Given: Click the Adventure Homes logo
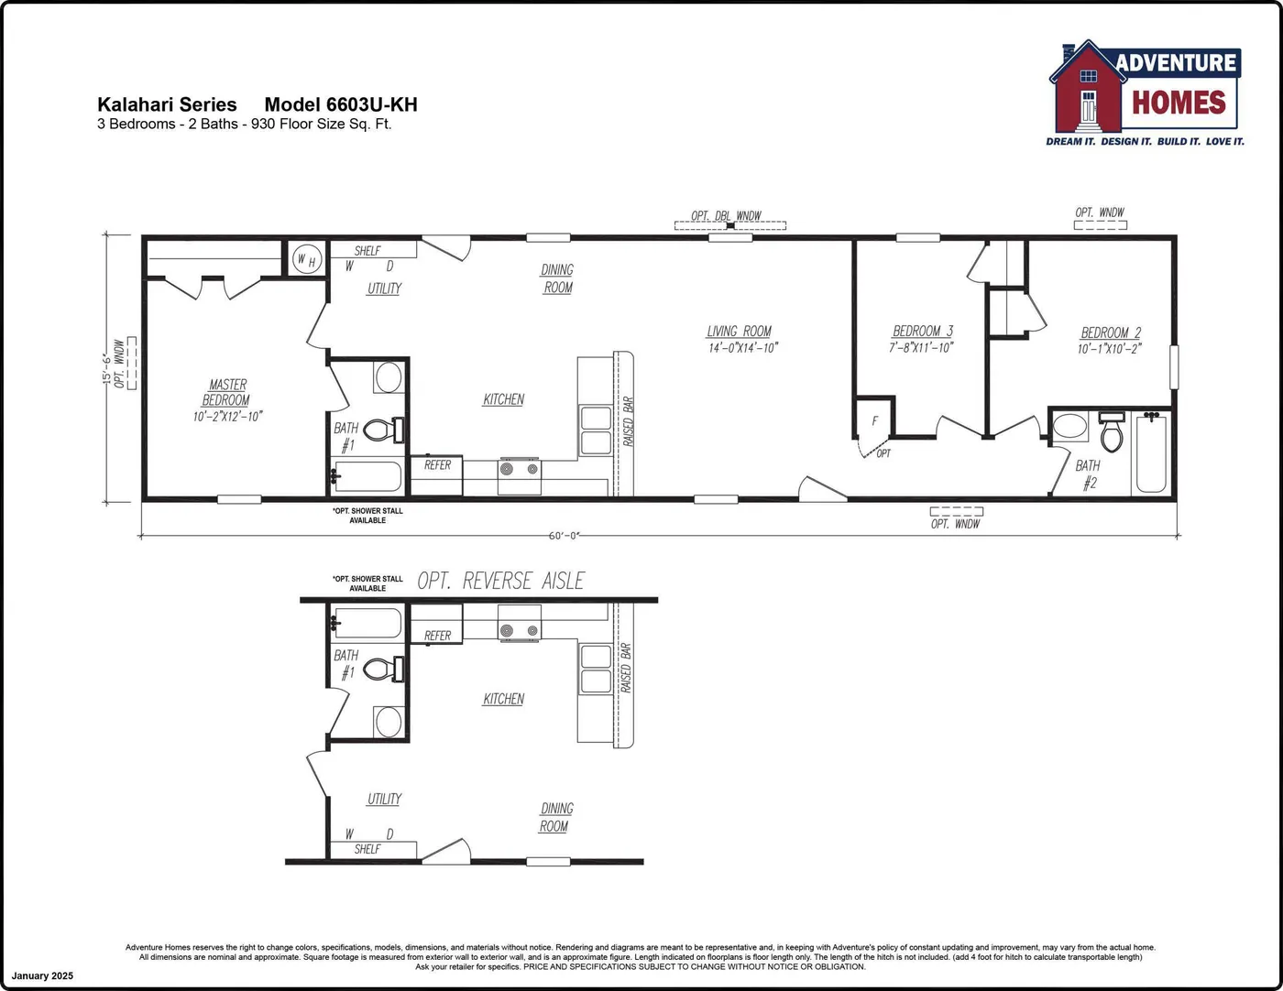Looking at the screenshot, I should [x=1146, y=92].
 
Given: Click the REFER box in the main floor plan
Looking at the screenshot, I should [x=437, y=465].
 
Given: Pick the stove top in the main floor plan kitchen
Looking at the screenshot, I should [x=520, y=469].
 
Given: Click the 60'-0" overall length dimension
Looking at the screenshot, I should [x=565, y=536].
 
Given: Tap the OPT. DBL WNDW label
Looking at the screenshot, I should [x=726, y=216].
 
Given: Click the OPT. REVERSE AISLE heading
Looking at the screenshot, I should [x=500, y=581].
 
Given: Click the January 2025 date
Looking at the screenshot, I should [x=42, y=976].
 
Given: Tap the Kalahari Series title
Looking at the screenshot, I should [x=167, y=104].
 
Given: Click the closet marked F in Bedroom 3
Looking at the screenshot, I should [x=874, y=421].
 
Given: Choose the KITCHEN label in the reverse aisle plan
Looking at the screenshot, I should [x=503, y=699].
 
